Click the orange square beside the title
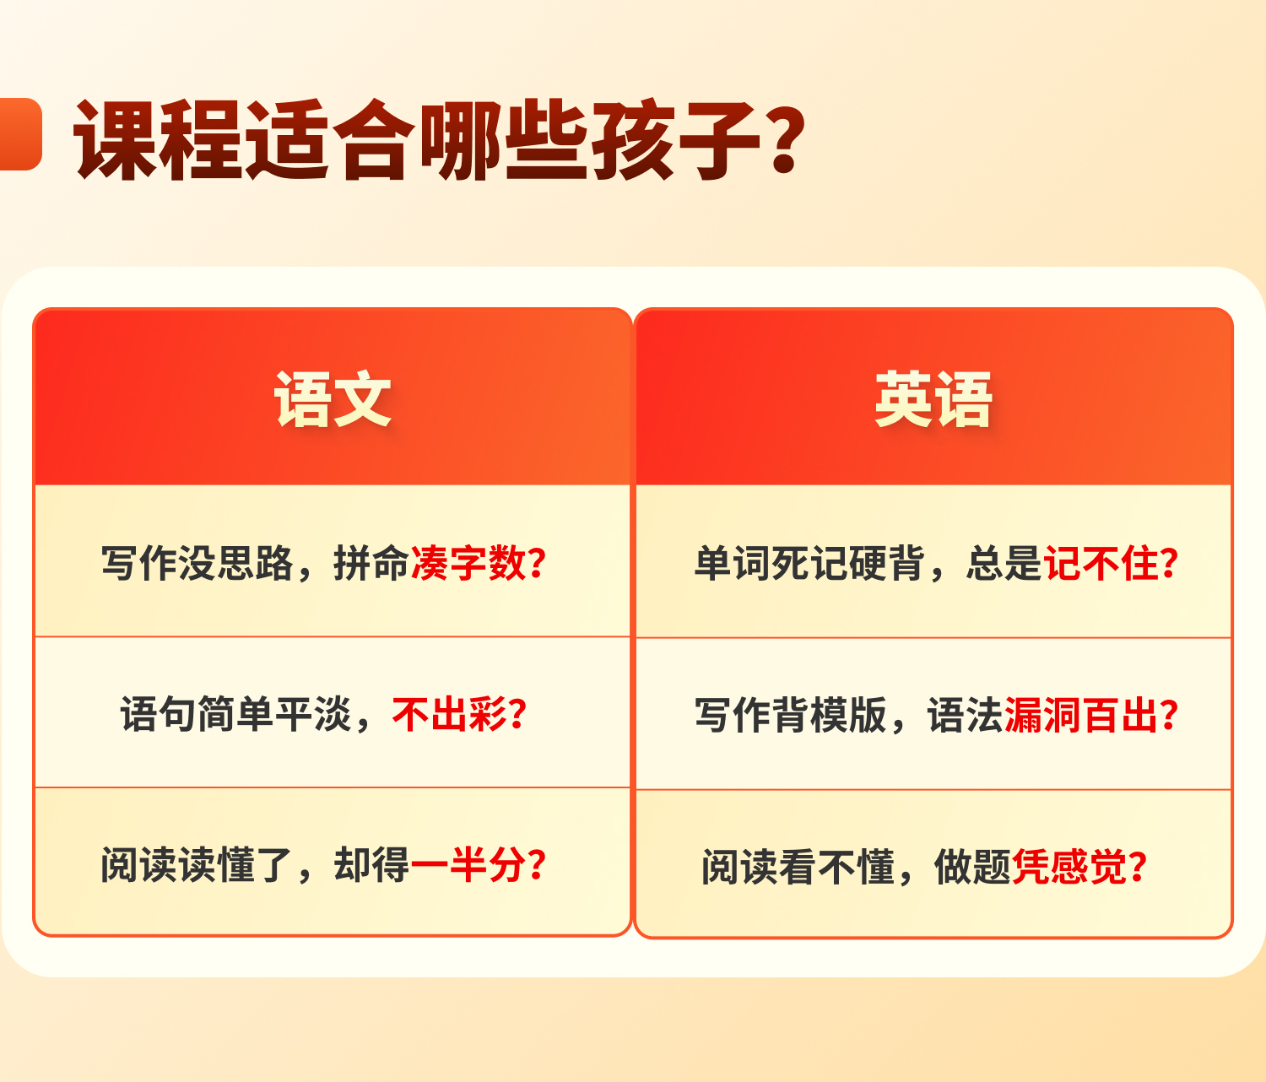coord(20,133)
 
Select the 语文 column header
coord(333,399)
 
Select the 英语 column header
coord(933,399)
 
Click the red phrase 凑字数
coord(468,563)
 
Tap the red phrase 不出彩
coord(449,714)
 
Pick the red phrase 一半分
coord(468,865)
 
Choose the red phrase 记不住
coord(1101,563)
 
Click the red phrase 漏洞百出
coord(1081,715)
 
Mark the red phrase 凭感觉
coord(1069,867)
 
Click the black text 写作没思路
coord(197,563)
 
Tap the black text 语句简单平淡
coord(235,714)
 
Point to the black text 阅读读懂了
coord(197,865)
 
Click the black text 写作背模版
coord(791,715)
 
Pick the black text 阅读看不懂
coord(798,867)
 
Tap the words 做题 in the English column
coord(972,867)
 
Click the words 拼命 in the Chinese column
coord(371,563)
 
